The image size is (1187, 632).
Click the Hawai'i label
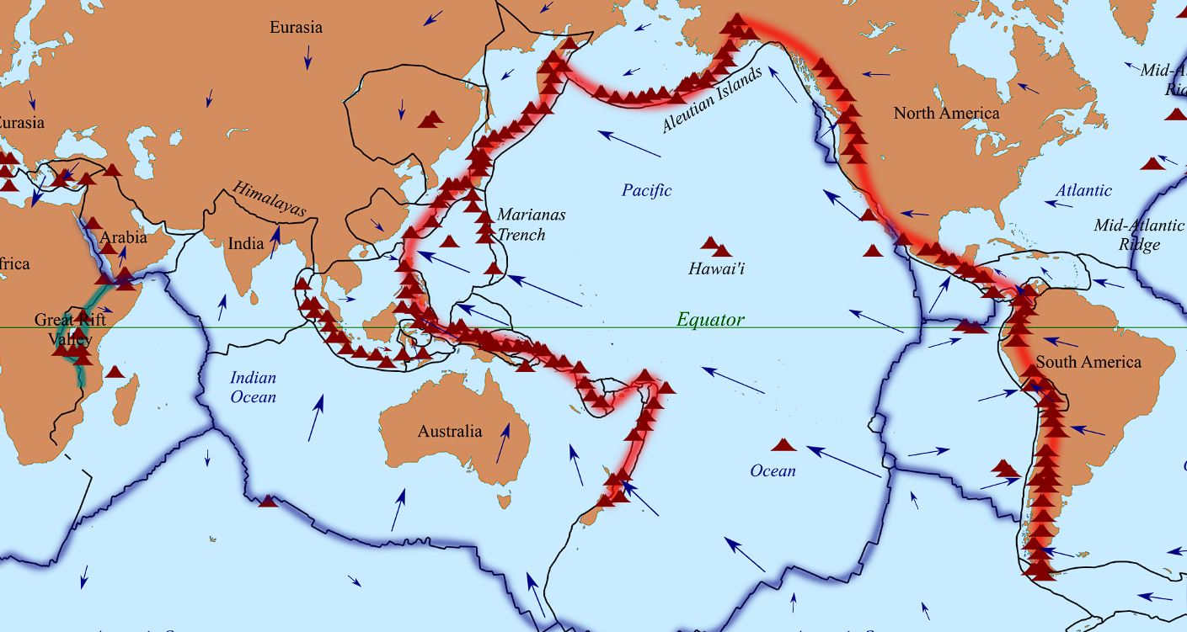(x=717, y=269)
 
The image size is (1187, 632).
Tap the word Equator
(x=710, y=320)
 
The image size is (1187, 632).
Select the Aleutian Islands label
(x=712, y=99)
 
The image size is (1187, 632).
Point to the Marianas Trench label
(x=531, y=225)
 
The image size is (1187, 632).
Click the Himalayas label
(x=270, y=199)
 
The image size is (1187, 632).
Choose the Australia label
(x=450, y=432)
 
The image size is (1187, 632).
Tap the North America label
(x=946, y=114)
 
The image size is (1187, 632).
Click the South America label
(x=1088, y=362)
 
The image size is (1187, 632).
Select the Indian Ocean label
(x=253, y=387)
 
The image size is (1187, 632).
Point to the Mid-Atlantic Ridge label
(x=1139, y=235)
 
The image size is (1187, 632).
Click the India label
(x=246, y=244)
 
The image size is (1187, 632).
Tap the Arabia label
(x=123, y=237)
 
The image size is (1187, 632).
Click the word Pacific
(x=647, y=190)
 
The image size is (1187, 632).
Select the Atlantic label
(x=1083, y=191)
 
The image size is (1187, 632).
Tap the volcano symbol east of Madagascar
(x=115, y=372)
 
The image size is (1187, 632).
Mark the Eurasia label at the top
(x=296, y=28)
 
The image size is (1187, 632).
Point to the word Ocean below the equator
(x=773, y=470)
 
